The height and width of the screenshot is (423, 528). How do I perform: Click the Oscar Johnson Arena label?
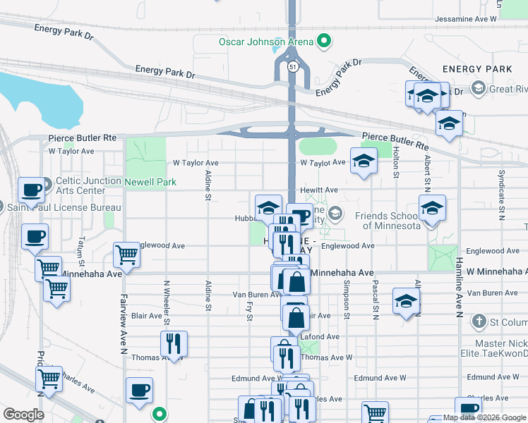(265, 41)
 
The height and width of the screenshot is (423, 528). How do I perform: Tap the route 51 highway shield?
(292, 66)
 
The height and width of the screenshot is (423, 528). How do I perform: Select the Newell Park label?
(150, 182)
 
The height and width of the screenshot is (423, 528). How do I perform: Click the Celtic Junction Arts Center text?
(89, 185)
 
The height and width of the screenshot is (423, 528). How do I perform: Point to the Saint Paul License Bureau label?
(64, 208)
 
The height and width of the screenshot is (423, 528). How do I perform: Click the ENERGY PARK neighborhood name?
(477, 69)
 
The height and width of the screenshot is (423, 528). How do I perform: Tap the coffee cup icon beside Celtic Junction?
(32, 190)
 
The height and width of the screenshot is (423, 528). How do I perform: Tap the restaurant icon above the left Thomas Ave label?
(173, 343)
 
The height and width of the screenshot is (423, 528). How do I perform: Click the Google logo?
(23, 415)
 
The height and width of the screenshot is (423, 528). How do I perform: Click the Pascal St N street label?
(376, 300)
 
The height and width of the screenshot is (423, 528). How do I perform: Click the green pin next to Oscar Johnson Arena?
(324, 41)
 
